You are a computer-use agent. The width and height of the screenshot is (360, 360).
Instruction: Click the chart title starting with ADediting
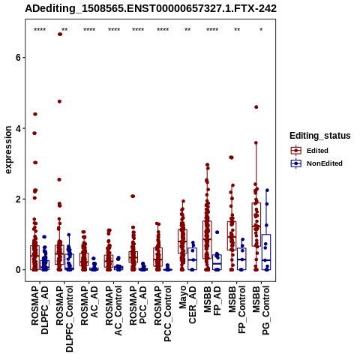click(151, 9)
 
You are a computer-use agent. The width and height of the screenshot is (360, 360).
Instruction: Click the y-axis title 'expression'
click(8, 150)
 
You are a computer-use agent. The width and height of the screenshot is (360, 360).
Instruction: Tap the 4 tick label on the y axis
click(17, 128)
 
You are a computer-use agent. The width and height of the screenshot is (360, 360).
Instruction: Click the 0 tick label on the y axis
click(17, 270)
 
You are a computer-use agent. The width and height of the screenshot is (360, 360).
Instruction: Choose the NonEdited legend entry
click(316, 163)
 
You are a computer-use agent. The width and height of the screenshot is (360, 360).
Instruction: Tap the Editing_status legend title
click(320, 136)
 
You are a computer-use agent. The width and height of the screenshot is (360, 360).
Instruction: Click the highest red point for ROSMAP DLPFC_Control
click(60, 34)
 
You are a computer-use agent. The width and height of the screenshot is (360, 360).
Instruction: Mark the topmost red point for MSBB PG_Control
click(256, 107)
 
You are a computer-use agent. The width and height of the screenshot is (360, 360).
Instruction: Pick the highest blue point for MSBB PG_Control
click(267, 190)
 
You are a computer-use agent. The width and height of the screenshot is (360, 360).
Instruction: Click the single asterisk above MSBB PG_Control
click(261, 30)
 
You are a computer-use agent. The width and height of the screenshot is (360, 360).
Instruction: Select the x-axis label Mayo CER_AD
click(187, 304)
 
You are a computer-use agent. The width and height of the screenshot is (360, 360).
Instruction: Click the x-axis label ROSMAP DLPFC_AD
click(40, 310)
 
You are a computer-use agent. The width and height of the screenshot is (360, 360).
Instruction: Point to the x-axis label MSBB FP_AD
click(212, 301)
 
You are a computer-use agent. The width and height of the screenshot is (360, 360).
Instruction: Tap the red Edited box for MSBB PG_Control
click(256, 224)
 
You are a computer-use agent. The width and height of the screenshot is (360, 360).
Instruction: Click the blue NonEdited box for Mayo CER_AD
click(193, 259)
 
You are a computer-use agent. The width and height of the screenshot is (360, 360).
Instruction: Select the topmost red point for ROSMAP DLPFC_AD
click(35, 114)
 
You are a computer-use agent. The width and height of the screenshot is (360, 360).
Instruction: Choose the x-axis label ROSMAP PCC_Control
click(163, 313)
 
